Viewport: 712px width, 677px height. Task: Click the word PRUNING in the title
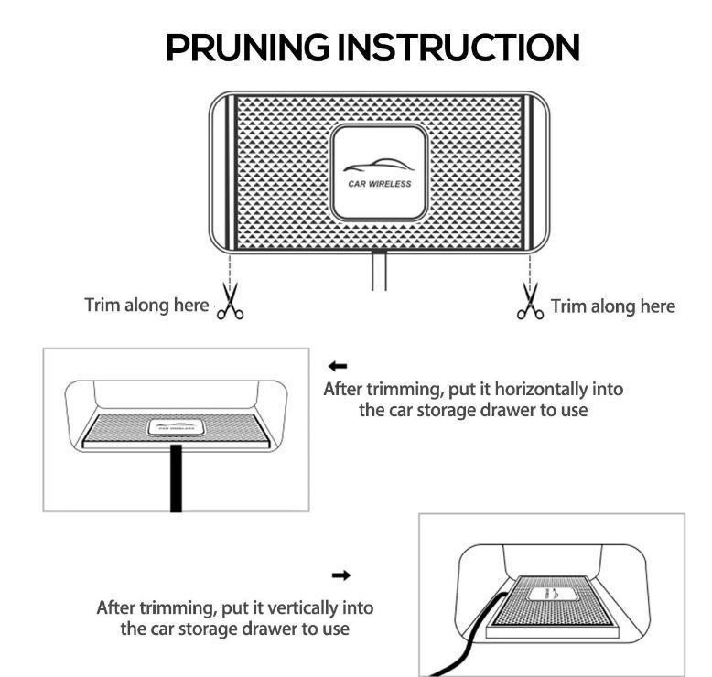(247, 48)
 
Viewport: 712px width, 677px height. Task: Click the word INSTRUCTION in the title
(458, 48)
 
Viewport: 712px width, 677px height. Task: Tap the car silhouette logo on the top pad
(378, 166)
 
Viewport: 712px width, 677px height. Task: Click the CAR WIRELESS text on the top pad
(379, 184)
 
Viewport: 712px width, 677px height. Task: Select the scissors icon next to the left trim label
(231, 301)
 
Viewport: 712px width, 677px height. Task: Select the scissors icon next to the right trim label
(530, 301)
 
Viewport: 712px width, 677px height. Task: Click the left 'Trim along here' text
(146, 306)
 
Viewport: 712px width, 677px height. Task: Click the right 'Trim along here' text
(613, 306)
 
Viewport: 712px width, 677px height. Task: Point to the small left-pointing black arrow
(338, 366)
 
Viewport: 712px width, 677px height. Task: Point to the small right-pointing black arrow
(341, 575)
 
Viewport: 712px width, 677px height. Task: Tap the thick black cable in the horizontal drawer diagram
(176, 478)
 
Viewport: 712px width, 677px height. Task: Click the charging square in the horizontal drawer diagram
(176, 427)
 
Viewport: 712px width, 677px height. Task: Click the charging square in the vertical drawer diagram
(551, 595)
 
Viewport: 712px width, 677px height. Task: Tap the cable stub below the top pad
(379, 270)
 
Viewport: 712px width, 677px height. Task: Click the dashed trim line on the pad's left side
(230, 269)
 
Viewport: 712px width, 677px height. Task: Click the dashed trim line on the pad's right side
(530, 269)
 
